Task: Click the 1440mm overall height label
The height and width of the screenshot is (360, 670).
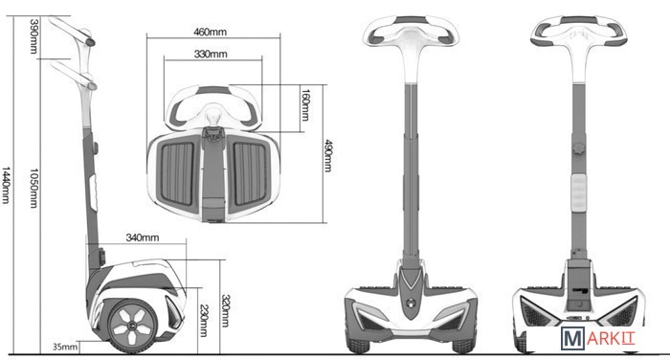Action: pyautogui.click(x=6, y=185)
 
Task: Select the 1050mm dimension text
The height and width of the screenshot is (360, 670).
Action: pyautogui.click(x=33, y=188)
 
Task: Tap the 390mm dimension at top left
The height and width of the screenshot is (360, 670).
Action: pyautogui.click(x=33, y=36)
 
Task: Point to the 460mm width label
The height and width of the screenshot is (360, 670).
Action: pyautogui.click(x=210, y=32)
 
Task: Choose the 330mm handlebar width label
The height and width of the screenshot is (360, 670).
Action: pyautogui.click(x=211, y=55)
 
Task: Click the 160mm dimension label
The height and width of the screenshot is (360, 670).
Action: pyautogui.click(x=305, y=104)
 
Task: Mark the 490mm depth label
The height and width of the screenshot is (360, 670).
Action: pyautogui.click(x=327, y=156)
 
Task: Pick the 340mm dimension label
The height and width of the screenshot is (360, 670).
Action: pyautogui.click(x=143, y=237)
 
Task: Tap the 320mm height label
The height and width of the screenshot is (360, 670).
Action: pyautogui.click(x=225, y=310)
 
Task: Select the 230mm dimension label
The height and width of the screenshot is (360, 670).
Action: pyautogui.click(x=204, y=321)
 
